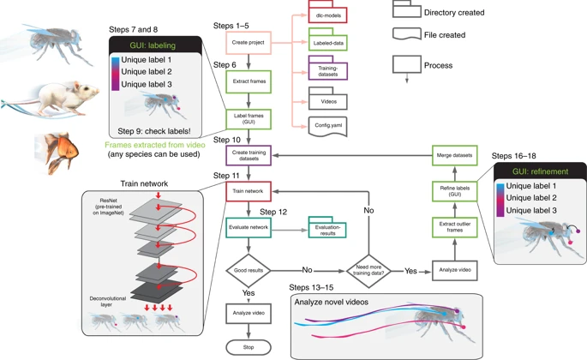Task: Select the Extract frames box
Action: point(248,82)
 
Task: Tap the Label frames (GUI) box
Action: point(248,120)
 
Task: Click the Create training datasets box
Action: point(248,155)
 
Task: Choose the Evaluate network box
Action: point(248,228)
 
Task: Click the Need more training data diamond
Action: point(367,267)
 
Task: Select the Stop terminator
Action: point(248,346)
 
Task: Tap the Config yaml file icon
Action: point(328,126)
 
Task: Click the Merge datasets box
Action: point(452,155)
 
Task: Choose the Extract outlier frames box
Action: point(452,227)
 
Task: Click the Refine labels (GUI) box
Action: point(452,191)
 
